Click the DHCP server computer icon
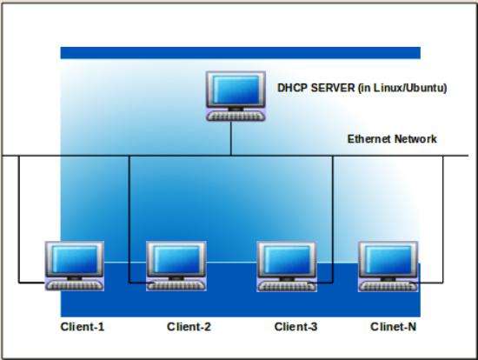pyautogui.click(x=236, y=97)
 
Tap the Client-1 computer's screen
pyautogui.click(x=75, y=260)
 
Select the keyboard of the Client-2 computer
pyautogui.click(x=176, y=285)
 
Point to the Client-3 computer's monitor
pyautogui.click(x=286, y=259)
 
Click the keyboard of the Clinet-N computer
pyautogui.click(x=388, y=286)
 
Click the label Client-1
pyautogui.click(x=83, y=327)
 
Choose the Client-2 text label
pyautogui.click(x=189, y=327)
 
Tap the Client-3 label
pyautogui.click(x=295, y=327)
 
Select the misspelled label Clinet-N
pyautogui.click(x=393, y=327)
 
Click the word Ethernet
pyautogui.click(x=368, y=139)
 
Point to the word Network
pyautogui.click(x=415, y=139)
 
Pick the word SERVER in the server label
pyautogui.click(x=333, y=88)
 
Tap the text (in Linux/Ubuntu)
pyautogui.click(x=402, y=88)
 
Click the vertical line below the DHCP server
pyautogui.click(x=231, y=138)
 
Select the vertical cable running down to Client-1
pyautogui.click(x=19, y=219)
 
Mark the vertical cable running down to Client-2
pyautogui.click(x=129, y=219)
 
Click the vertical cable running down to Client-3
pyautogui.click(x=333, y=219)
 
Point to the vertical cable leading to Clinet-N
pyautogui.click(x=443, y=219)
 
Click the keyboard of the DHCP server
pyautogui.click(x=236, y=117)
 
